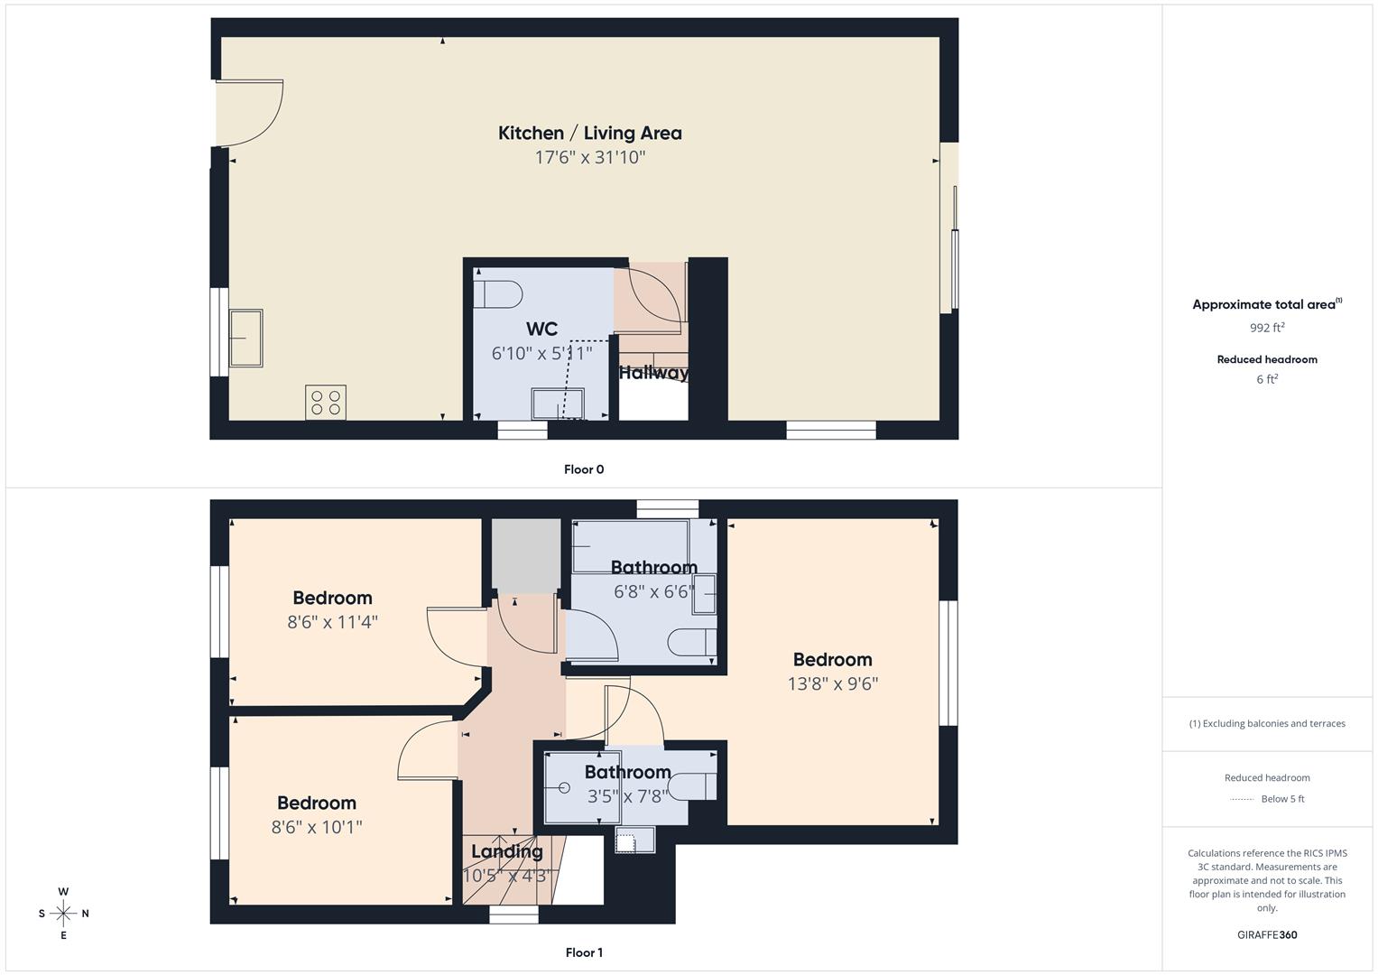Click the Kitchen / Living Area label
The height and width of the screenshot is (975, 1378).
[x=589, y=133]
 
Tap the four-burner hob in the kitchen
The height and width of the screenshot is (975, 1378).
[x=326, y=403]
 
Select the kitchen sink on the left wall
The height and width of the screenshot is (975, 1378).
[x=245, y=338]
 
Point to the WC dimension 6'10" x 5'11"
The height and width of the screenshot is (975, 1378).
[x=541, y=353]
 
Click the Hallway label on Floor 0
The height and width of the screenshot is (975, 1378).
[x=653, y=372]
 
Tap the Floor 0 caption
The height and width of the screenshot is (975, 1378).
[x=584, y=469]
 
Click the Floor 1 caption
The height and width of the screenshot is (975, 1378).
[x=584, y=952]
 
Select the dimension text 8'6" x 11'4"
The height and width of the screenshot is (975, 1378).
[x=332, y=622]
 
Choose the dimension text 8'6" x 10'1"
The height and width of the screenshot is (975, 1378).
[x=317, y=827]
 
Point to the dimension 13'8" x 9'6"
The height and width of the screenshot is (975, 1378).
[x=832, y=683]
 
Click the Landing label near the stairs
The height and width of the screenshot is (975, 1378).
[x=506, y=851]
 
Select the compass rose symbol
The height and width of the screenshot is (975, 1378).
[x=63, y=914]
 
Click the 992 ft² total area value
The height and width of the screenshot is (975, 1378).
[x=1267, y=328]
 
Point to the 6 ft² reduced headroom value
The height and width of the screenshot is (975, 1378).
[x=1267, y=379]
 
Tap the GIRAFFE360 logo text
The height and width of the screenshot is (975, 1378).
[x=1267, y=934]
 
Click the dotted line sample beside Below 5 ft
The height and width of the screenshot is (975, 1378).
[x=1242, y=799]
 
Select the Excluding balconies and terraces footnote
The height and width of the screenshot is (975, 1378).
[x=1267, y=723]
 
